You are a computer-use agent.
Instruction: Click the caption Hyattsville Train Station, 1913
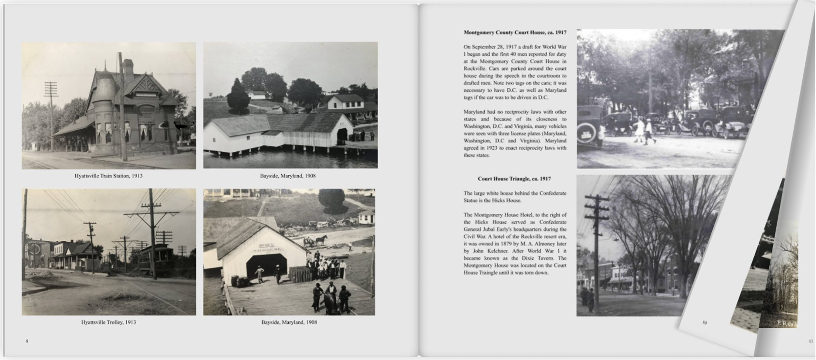tap(108, 176)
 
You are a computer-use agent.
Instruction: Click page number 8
tap(27, 341)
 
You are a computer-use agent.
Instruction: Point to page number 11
tap(811, 341)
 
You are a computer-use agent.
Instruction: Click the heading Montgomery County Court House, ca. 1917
tap(515, 32)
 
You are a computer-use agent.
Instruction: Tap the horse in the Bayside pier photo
tap(321, 240)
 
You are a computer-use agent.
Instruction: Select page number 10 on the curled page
tap(704, 323)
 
